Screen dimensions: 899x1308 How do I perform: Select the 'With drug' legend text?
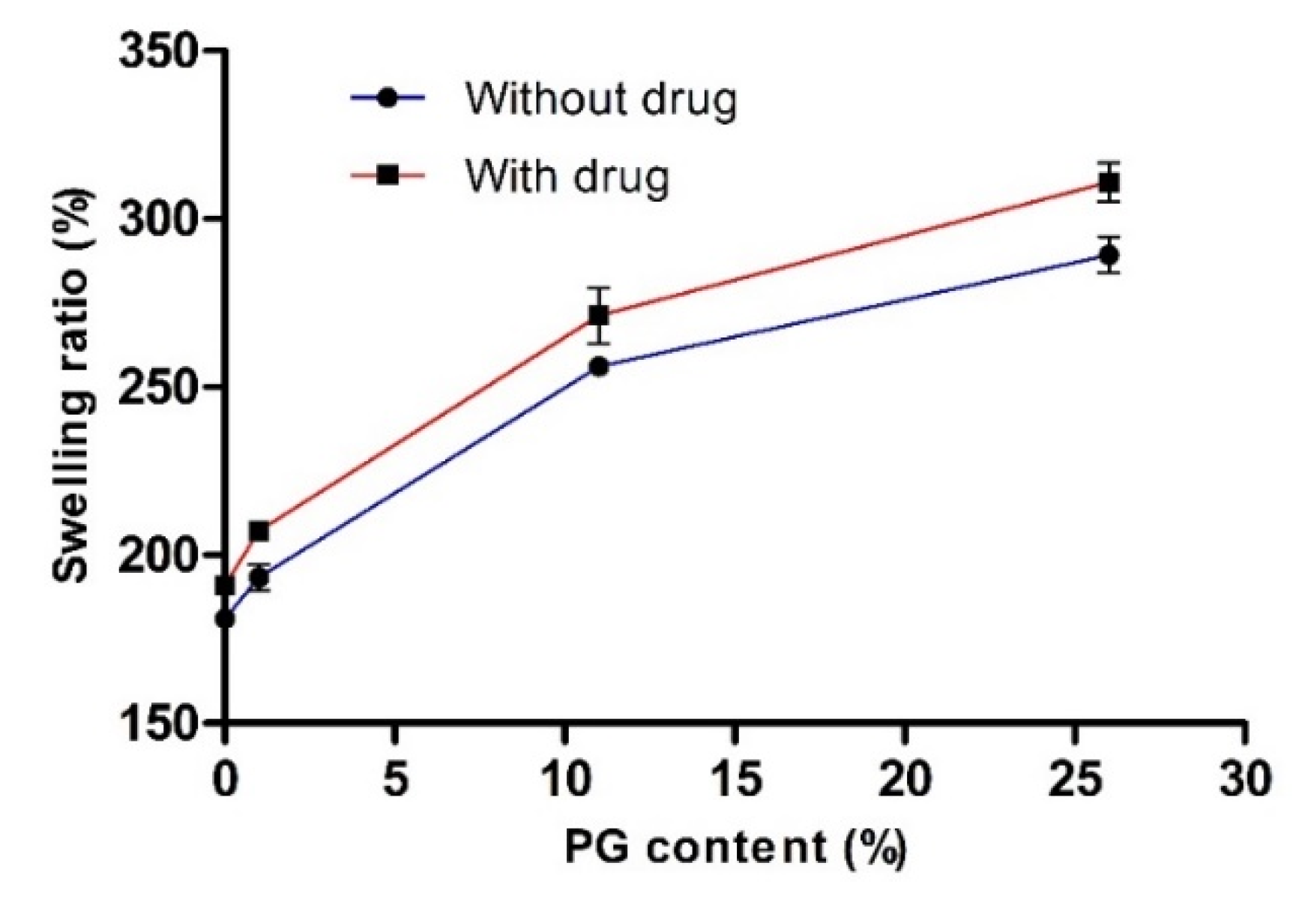click(567, 177)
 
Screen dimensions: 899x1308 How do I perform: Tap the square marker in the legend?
click(388, 175)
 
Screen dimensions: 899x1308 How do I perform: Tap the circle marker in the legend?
click(388, 98)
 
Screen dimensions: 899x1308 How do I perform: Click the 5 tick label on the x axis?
click(395, 779)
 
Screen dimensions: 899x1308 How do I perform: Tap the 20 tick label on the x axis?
click(905, 779)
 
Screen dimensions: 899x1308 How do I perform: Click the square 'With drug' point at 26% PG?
click(1109, 182)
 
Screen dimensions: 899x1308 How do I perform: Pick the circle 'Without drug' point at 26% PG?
click(1109, 255)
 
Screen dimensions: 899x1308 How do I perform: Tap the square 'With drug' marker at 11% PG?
click(598, 316)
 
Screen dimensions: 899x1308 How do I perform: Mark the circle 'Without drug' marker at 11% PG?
click(599, 367)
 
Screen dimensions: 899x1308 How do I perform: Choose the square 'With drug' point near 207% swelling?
click(259, 531)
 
